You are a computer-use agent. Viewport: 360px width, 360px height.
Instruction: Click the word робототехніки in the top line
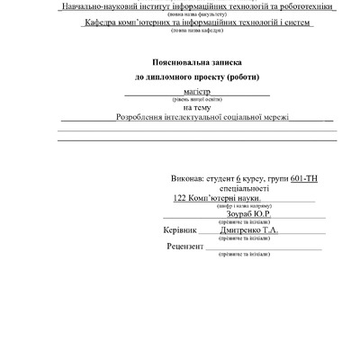pyautogui.click(x=299, y=6)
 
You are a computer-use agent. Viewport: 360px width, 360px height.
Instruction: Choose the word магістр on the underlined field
pyautogui.click(x=195, y=91)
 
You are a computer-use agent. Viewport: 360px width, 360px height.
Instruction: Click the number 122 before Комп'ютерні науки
pyautogui.click(x=179, y=198)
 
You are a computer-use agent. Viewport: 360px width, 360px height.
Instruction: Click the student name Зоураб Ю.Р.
pyautogui.click(x=236, y=215)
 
